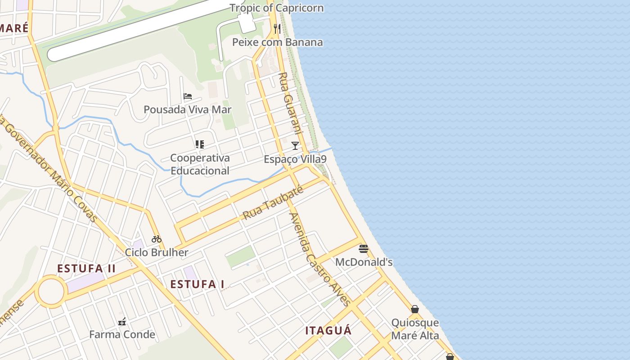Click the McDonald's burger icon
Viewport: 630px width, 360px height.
pyautogui.click(x=364, y=249)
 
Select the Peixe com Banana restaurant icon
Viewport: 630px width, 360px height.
pyautogui.click(x=277, y=29)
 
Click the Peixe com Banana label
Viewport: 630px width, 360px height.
pyautogui.click(x=277, y=42)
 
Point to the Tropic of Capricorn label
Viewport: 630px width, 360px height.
pyautogui.click(x=276, y=8)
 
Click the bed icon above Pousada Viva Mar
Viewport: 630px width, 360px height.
pyautogui.click(x=188, y=96)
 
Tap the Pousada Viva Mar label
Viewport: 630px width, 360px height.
pyautogui.click(x=187, y=109)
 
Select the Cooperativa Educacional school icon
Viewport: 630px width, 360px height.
pyautogui.click(x=200, y=144)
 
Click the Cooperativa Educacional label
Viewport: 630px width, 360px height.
pyautogui.click(x=200, y=164)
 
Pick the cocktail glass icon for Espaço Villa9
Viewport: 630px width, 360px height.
pyautogui.click(x=295, y=146)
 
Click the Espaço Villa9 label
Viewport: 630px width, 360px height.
pyautogui.click(x=295, y=159)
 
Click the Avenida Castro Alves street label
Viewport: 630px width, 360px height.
pyautogui.click(x=319, y=259)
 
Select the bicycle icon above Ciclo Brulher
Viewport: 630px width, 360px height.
pyautogui.click(x=157, y=239)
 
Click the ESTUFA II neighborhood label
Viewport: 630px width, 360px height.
pyautogui.click(x=86, y=269)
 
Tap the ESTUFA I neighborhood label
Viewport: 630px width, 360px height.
pyautogui.click(x=197, y=284)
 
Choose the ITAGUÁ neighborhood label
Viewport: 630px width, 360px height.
pyautogui.click(x=328, y=331)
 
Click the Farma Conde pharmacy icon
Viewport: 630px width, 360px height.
pyautogui.click(x=121, y=322)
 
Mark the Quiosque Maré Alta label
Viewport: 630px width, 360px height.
pyautogui.click(x=415, y=329)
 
